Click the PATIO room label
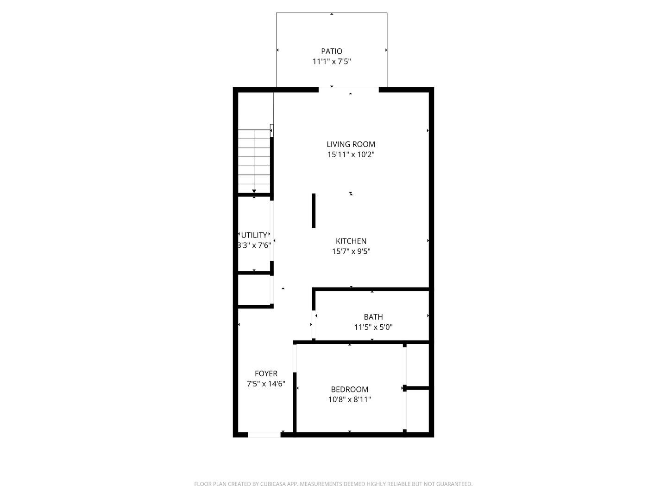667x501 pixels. pyautogui.click(x=332, y=51)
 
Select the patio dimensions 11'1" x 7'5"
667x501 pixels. pyautogui.click(x=332, y=61)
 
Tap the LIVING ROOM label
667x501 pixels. pyautogui.click(x=351, y=144)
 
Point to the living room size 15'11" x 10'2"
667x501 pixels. pyautogui.click(x=351, y=154)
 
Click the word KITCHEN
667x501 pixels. pyautogui.click(x=351, y=241)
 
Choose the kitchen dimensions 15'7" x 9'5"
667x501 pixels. pyautogui.click(x=351, y=251)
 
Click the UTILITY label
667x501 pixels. pyautogui.click(x=254, y=235)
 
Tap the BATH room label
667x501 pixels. pyautogui.click(x=373, y=317)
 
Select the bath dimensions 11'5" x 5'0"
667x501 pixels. pyautogui.click(x=373, y=328)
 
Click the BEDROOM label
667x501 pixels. pyautogui.click(x=349, y=389)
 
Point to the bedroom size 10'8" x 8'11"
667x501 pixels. pyautogui.click(x=349, y=400)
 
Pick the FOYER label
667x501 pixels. pyautogui.click(x=266, y=373)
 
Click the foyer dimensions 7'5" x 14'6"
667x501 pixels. pyautogui.click(x=266, y=384)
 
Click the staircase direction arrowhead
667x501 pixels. pyautogui.click(x=254, y=191)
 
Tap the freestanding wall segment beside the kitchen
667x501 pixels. pyautogui.click(x=314, y=211)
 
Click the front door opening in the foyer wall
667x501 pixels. pyautogui.click(x=264, y=435)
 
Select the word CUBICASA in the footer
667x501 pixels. pyautogui.click(x=273, y=484)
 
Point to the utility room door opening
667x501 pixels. pyautogui.click(x=272, y=231)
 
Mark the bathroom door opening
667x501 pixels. pyautogui.click(x=314, y=324)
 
